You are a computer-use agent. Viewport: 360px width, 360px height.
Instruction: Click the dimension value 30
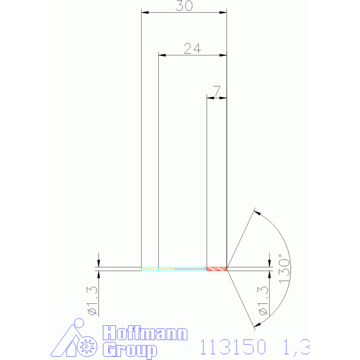coord(184,6)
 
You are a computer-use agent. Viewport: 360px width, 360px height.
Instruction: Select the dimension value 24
coord(192,48)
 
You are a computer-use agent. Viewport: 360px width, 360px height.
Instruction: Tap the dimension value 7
coord(217,91)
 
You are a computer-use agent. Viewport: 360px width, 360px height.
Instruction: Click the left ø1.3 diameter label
coord(92,301)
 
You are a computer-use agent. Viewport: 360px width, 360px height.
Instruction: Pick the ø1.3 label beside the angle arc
coord(263,301)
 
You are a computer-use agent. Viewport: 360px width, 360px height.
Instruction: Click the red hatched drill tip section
coord(217,269)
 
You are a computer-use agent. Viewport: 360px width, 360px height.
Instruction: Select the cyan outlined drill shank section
coord(174,269)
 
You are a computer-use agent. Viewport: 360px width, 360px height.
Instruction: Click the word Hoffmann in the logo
coord(145,333)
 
